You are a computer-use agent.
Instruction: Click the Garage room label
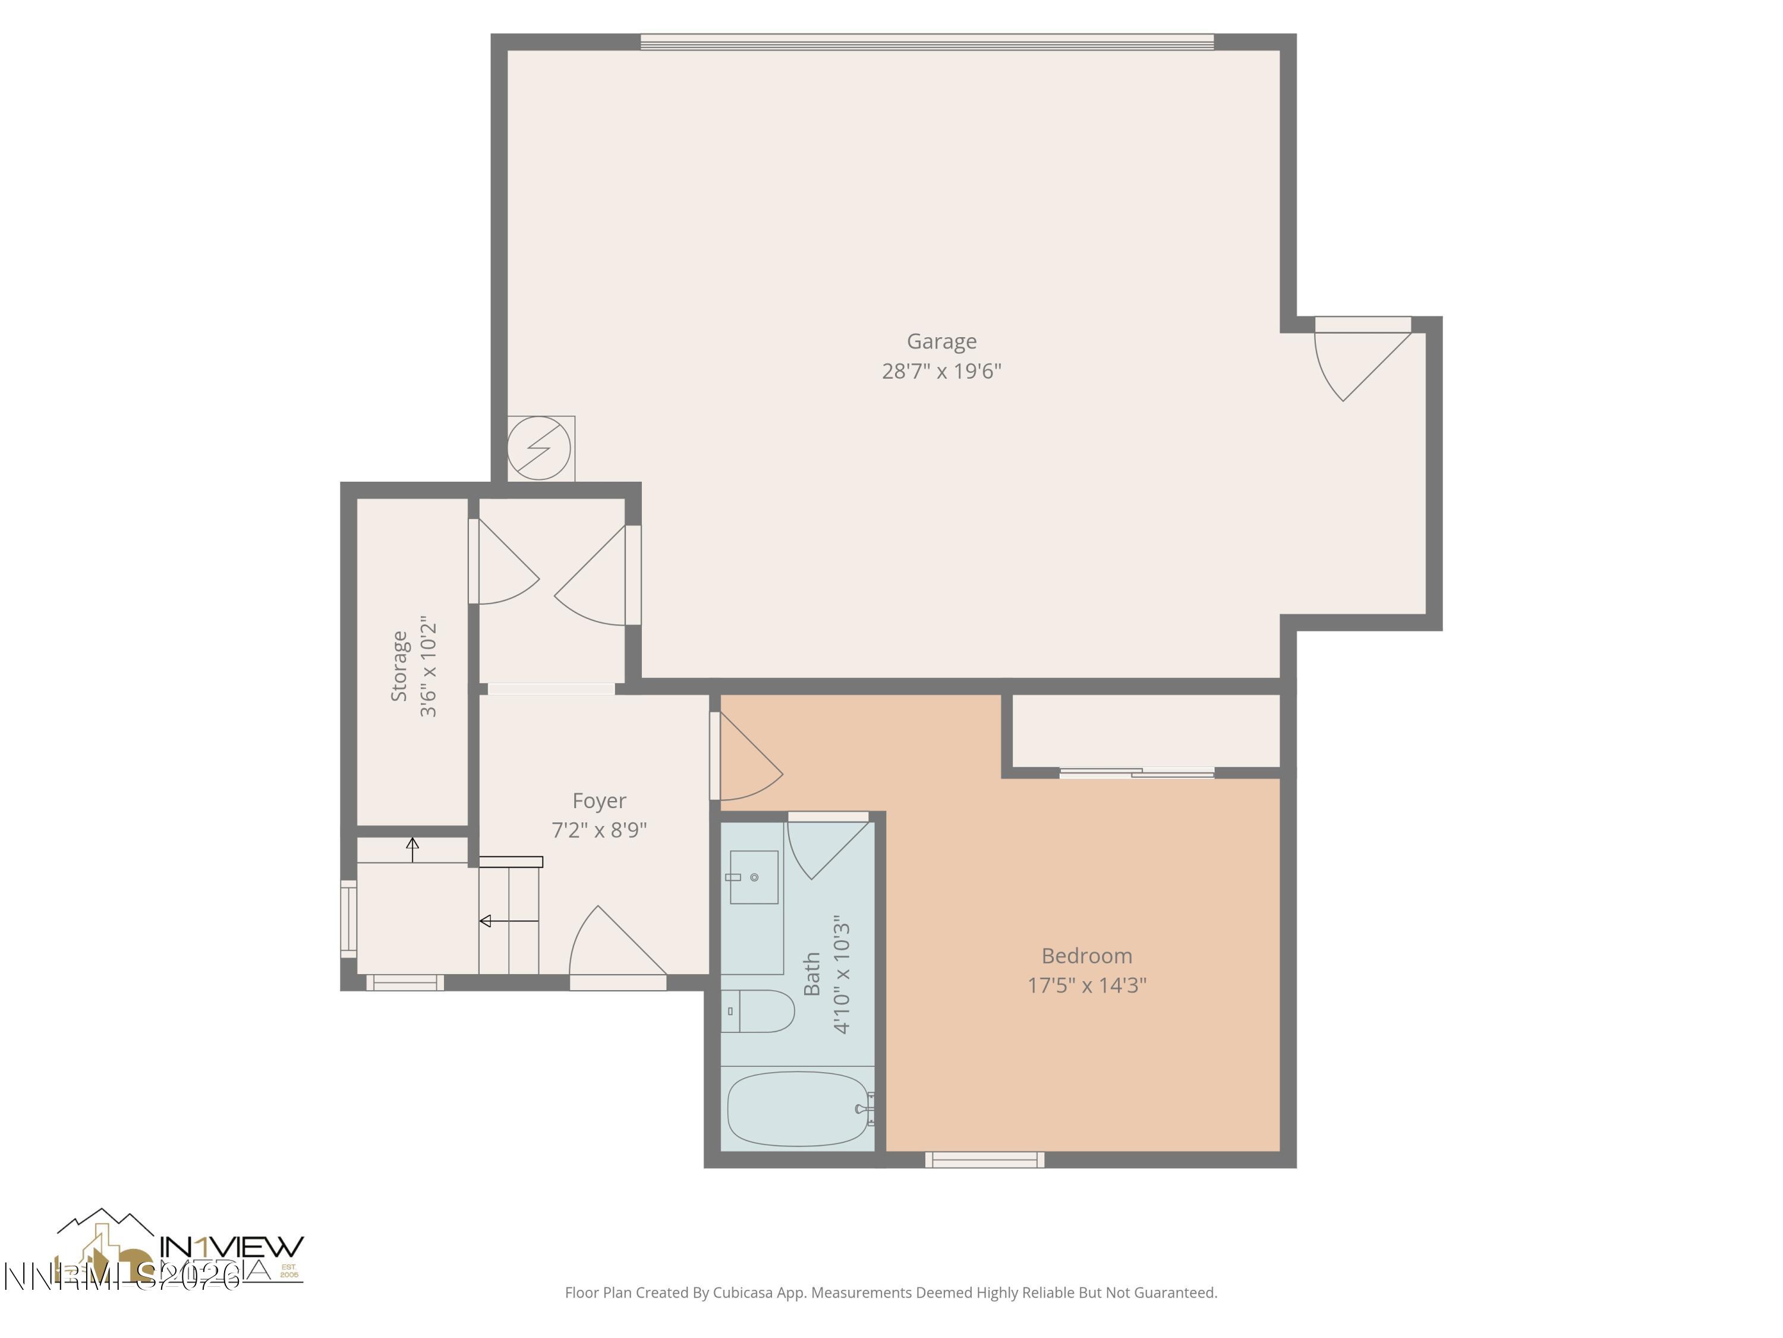coord(941,341)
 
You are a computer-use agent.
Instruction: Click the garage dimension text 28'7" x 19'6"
coord(941,371)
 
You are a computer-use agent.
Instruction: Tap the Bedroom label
coord(1086,956)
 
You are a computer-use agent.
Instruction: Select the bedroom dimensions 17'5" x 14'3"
coord(1086,985)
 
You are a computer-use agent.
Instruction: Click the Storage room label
coord(399,665)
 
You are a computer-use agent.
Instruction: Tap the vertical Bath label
coord(812,973)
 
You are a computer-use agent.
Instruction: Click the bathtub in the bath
coord(798,1108)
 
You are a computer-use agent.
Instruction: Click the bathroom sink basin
coord(754,877)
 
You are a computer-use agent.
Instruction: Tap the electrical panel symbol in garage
coord(539,448)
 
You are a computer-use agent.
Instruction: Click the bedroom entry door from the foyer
coord(746,758)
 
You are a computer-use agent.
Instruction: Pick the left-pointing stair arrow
coord(508,920)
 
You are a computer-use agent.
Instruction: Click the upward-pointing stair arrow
coord(412,849)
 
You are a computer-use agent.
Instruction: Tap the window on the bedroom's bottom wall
coord(984,1160)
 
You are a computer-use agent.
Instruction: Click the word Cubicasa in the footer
coord(742,1293)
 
